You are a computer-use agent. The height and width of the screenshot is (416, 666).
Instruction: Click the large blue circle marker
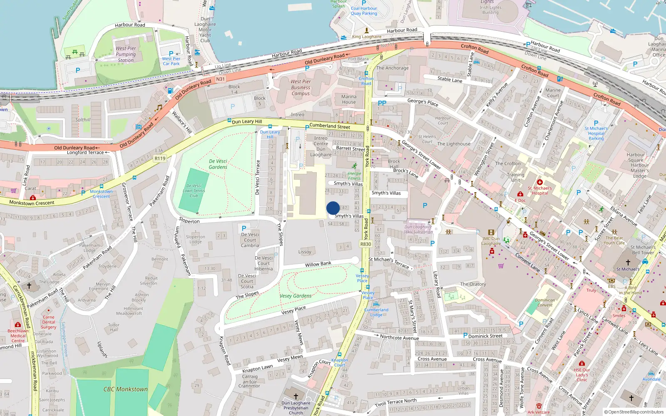pyautogui.click(x=333, y=208)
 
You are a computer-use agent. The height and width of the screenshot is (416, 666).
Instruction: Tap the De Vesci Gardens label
pyautogui.click(x=218, y=164)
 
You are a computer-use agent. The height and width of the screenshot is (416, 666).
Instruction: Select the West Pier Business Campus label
pyautogui.click(x=301, y=87)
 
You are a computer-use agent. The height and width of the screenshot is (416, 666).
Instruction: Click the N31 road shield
pyautogui.click(x=220, y=79)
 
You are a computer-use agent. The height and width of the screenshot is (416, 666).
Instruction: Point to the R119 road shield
pyautogui.click(x=160, y=158)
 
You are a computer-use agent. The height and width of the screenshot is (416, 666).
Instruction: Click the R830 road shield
pyautogui.click(x=365, y=244)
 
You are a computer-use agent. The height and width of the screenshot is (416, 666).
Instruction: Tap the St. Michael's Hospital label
pyautogui.click(x=540, y=191)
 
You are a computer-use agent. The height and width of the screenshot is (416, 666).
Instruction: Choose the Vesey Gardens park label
pyautogui.click(x=296, y=296)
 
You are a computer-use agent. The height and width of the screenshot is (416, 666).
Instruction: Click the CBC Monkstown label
pyautogui.click(x=125, y=389)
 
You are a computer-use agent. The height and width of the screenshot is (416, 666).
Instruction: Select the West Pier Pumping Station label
pyautogui.click(x=126, y=54)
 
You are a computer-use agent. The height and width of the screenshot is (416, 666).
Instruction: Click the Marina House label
pyautogui.click(x=349, y=99)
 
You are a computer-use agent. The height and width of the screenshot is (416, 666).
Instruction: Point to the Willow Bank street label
pyautogui.click(x=318, y=264)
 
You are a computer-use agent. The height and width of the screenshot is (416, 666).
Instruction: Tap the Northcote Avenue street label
pyautogui.click(x=399, y=337)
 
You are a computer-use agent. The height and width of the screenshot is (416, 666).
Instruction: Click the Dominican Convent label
pyautogui.click(x=545, y=302)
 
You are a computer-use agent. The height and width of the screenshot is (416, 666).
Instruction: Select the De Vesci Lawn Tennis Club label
pyautogui.click(x=194, y=191)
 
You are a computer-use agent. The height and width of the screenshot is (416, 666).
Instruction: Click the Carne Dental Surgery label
pyautogui.click(x=48, y=322)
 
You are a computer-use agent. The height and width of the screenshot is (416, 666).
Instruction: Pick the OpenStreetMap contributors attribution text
pyautogui.click(x=634, y=412)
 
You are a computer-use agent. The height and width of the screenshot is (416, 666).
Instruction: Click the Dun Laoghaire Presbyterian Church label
pyautogui.click(x=296, y=408)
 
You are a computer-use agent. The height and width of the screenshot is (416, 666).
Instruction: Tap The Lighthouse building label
pyautogui.click(x=454, y=144)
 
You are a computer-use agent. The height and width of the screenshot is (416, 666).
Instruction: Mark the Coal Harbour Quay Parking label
pyautogui.click(x=364, y=11)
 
